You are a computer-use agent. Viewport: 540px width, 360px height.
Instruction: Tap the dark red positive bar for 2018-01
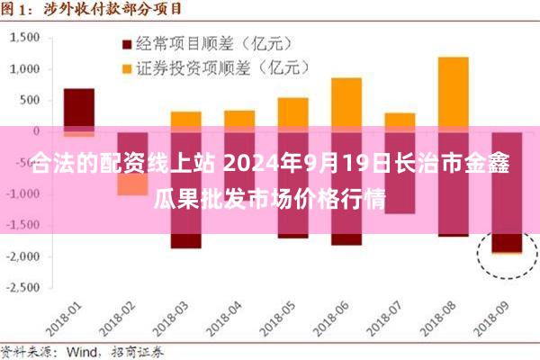(x=79, y=108)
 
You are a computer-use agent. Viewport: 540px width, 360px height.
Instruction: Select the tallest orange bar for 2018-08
(x=453, y=90)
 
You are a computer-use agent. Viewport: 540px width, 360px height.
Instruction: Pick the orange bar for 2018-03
(x=186, y=120)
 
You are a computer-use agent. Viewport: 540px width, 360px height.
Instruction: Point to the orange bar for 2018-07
(x=400, y=121)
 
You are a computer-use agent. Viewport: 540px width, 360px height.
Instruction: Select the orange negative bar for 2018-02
(x=132, y=184)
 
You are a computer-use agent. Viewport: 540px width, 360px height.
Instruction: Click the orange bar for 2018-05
(x=292, y=112)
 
